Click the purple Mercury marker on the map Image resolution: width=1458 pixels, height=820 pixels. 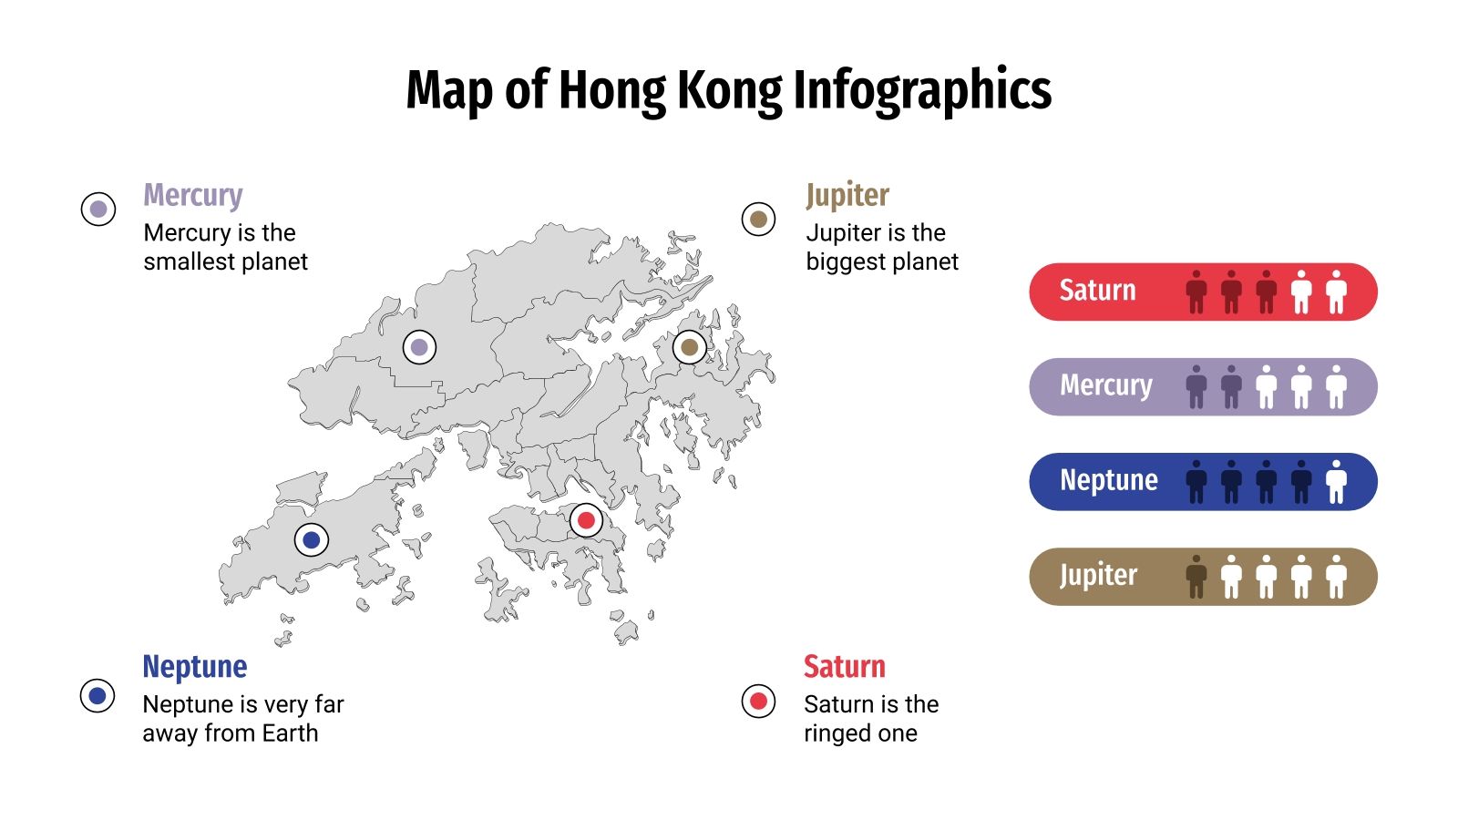(419, 347)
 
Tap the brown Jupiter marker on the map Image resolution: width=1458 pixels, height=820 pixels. (689, 347)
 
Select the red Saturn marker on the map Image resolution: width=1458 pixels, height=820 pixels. (586, 520)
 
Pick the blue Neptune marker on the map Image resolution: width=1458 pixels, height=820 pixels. (311, 539)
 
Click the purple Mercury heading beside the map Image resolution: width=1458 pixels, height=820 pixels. (193, 195)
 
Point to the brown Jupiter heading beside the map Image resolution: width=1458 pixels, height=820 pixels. (847, 195)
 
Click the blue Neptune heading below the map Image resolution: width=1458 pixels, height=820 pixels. (194, 667)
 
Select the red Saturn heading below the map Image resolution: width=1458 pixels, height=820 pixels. (844, 667)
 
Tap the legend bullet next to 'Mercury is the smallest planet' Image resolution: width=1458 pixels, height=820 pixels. (98, 210)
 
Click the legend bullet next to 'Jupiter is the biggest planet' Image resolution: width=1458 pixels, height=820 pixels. (758, 219)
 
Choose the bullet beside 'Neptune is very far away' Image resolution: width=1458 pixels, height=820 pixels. (98, 696)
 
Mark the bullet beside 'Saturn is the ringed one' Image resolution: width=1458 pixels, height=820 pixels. (758, 701)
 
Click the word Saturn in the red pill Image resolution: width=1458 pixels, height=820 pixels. (1097, 291)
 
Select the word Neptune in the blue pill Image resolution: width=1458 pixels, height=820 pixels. (1108, 480)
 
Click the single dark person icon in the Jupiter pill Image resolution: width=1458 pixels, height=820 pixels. (1196, 577)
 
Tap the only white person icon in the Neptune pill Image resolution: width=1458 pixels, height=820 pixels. (1336, 482)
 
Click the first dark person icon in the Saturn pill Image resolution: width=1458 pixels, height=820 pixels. (1196, 292)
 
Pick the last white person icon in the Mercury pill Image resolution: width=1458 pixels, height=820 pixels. (1336, 387)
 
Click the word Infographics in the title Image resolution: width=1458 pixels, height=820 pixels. (922, 91)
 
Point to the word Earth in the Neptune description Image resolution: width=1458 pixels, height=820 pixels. (290, 733)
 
